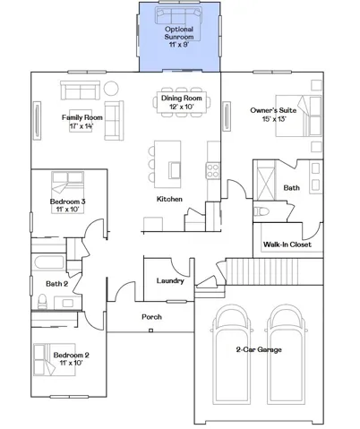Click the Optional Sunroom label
click(179, 33)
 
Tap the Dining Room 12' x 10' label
click(182, 102)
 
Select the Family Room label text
click(82, 117)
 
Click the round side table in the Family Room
click(111, 89)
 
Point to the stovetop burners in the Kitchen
click(213, 171)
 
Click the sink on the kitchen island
click(175, 170)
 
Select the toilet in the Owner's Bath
click(261, 211)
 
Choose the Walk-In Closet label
click(287, 245)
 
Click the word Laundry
click(170, 281)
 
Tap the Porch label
click(151, 317)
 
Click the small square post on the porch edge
click(151, 330)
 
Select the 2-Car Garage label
click(259, 349)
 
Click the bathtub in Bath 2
click(49, 262)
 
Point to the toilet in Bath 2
click(43, 302)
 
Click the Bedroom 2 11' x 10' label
click(71, 359)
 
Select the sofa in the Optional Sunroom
click(178, 15)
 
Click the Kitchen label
click(169, 199)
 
